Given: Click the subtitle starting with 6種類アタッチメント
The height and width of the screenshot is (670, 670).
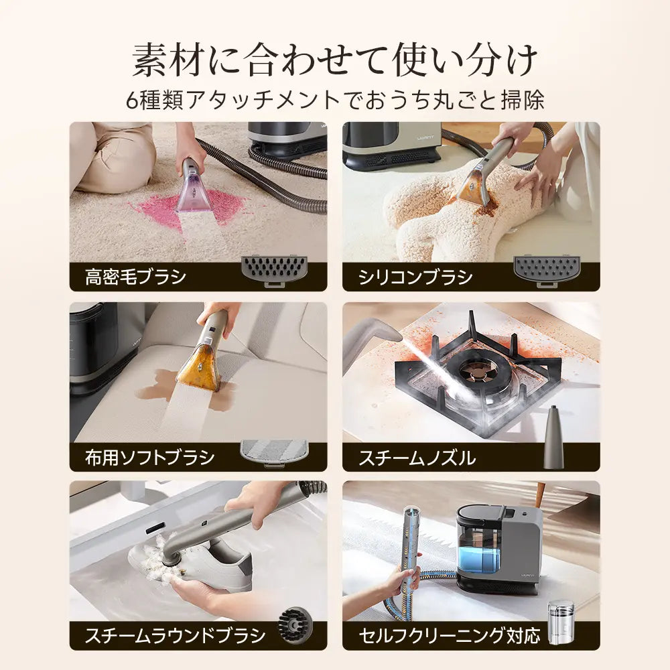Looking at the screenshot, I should [335, 100].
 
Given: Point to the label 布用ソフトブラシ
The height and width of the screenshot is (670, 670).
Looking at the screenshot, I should [150, 458].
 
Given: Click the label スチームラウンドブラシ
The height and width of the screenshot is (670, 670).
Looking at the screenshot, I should [175, 635].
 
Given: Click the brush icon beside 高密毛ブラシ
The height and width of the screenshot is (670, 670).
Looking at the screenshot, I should [274, 270].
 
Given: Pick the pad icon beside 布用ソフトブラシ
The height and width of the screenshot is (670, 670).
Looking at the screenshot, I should [274, 452].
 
